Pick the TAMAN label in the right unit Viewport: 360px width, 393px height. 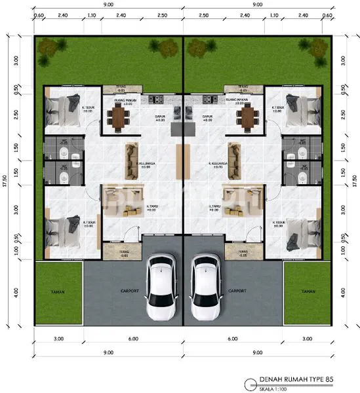(x=308, y=291)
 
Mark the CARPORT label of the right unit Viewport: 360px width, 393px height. (x=237, y=291)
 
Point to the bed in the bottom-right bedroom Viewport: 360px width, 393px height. (x=300, y=229)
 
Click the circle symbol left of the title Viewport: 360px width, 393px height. (x=247, y=383)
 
